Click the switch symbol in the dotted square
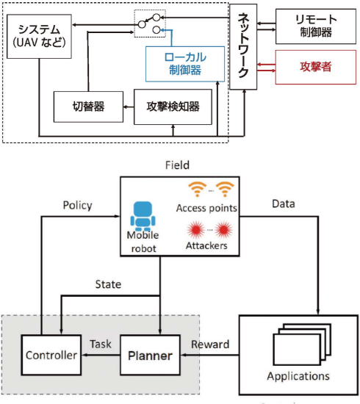(x=150, y=24)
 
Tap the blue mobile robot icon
(x=143, y=216)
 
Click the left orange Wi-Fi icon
(x=198, y=189)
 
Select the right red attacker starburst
(x=223, y=230)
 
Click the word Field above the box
(x=177, y=165)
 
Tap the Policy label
(x=78, y=206)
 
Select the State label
(x=108, y=284)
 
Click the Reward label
(x=210, y=345)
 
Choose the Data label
(x=284, y=203)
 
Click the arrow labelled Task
(x=101, y=355)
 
